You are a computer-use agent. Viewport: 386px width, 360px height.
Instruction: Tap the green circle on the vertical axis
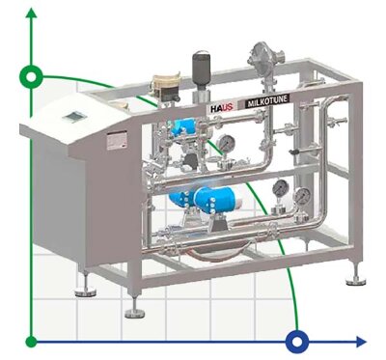32,74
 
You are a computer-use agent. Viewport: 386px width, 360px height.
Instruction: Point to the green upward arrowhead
32,12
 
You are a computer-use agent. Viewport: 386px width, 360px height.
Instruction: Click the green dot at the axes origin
32,341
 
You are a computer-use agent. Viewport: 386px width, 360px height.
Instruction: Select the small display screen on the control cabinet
72,117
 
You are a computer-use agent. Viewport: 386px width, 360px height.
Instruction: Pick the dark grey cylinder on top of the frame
202,69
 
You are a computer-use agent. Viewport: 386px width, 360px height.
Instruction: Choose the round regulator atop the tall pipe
259,53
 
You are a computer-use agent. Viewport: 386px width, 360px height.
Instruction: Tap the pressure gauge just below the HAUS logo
225,143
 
